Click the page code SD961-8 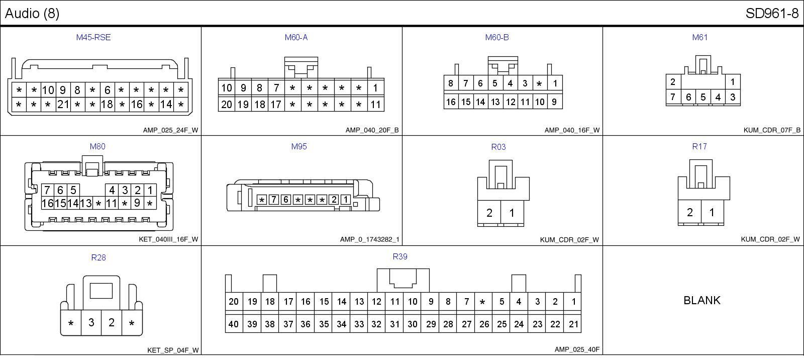pyautogui.click(x=772, y=14)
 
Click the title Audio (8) pyautogui.click(x=32, y=14)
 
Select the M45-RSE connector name pyautogui.click(x=93, y=37)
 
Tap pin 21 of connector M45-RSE pyautogui.click(x=63, y=105)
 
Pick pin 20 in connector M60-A pyautogui.click(x=227, y=105)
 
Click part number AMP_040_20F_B pyautogui.click(x=372, y=130)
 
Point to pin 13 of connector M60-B pyautogui.click(x=495, y=102)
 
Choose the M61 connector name pyautogui.click(x=699, y=37)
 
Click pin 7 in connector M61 pyautogui.click(x=673, y=97)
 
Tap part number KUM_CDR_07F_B pyautogui.click(x=772, y=130)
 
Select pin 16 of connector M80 pyautogui.click(x=47, y=204)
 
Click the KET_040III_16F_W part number pyautogui.click(x=168, y=239)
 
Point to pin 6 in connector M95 pyautogui.click(x=285, y=200)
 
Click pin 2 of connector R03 pyautogui.click(x=489, y=213)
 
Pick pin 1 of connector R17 pyautogui.click(x=712, y=212)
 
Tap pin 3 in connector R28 pyautogui.click(x=91, y=323)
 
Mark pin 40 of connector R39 pyautogui.click(x=234, y=324)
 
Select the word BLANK pyautogui.click(x=702, y=300)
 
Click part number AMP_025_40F pyautogui.click(x=577, y=349)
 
